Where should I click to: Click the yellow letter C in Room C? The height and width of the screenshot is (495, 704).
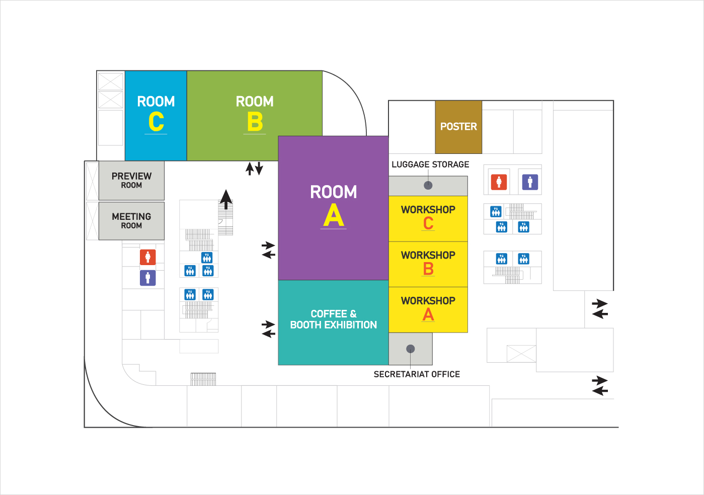tap(156, 121)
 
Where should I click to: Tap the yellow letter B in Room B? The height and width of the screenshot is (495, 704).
tap(255, 122)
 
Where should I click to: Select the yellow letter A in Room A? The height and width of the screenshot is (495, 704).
tap(334, 216)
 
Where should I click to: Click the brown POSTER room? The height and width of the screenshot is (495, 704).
tap(458, 127)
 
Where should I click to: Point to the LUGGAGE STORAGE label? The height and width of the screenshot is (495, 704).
tap(430, 164)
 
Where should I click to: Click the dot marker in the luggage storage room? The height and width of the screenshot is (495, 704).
tap(428, 185)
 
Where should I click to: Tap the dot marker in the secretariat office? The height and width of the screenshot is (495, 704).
tap(411, 349)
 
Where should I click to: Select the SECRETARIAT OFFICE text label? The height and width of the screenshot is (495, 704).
tap(417, 374)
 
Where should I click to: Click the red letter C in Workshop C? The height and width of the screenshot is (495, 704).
tap(428, 223)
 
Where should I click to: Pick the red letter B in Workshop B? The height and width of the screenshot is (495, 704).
tap(428, 269)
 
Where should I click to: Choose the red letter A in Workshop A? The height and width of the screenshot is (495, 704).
tap(428, 314)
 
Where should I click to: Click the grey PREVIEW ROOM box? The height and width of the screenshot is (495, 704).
tap(131, 180)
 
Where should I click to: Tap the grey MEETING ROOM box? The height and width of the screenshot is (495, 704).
tap(131, 221)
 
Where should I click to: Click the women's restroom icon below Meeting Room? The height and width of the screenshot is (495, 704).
tap(147, 257)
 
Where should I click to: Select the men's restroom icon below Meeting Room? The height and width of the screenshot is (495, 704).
tap(147, 278)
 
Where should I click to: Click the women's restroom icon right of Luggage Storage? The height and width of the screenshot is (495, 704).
tap(499, 182)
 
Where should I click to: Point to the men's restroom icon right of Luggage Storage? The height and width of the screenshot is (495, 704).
tap(530, 182)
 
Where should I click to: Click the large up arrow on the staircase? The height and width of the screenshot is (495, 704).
tap(226, 199)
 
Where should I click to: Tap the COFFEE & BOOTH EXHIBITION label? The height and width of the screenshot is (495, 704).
tap(333, 319)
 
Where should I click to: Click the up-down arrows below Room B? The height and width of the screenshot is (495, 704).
tap(254, 168)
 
